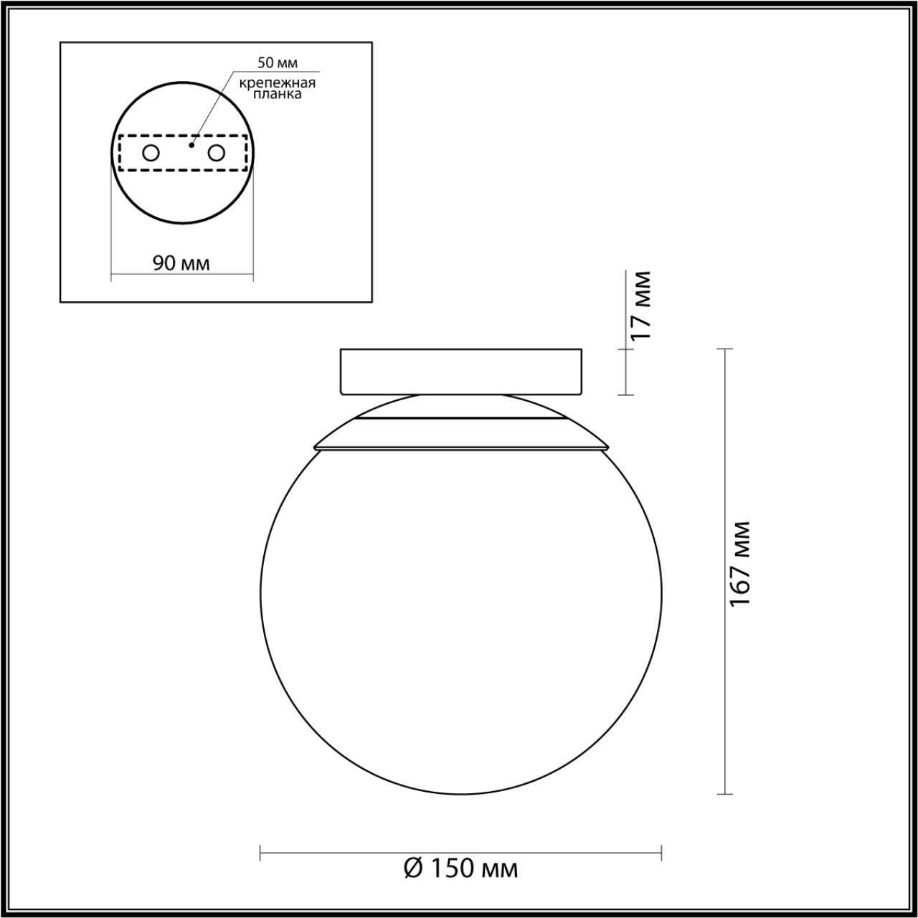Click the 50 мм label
(278, 65)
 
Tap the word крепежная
(278, 82)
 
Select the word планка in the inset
(277, 94)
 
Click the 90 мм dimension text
(181, 263)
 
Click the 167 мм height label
(739, 564)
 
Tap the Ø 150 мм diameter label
(460, 869)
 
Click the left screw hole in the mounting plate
(151, 153)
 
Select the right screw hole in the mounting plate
(216, 153)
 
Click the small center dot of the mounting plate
(191, 145)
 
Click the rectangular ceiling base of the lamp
(460, 371)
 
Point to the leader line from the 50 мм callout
(212, 108)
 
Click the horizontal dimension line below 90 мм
(181, 275)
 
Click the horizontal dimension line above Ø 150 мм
(460, 853)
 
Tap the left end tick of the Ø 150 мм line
(260, 853)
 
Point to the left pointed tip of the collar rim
(314, 448)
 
